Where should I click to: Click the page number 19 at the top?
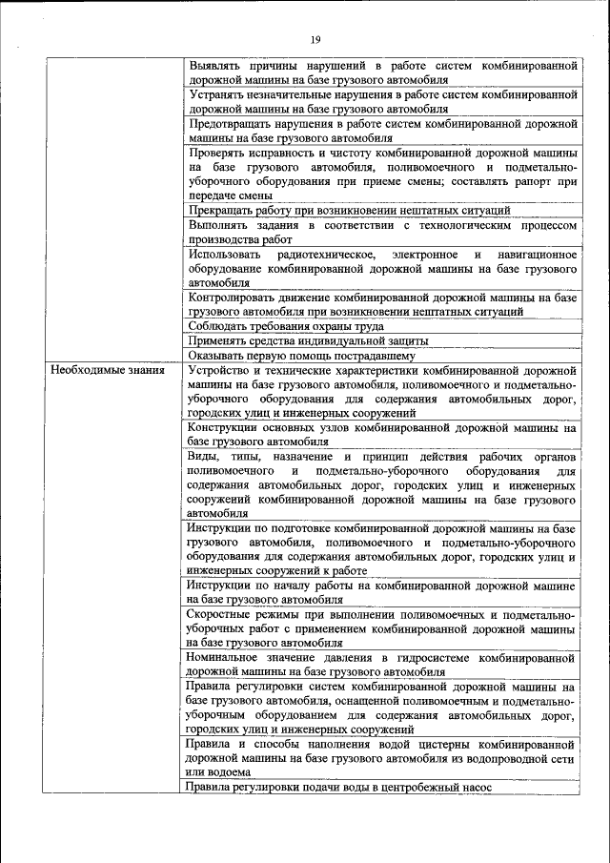315,38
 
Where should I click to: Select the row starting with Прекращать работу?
349,210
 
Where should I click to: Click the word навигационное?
538,255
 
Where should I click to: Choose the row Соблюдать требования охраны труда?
286,326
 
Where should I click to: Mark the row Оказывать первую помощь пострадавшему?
307,355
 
